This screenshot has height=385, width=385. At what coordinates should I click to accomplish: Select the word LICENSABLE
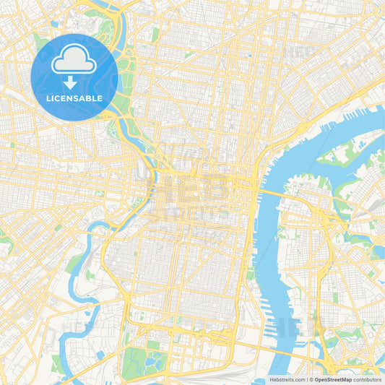point(74,98)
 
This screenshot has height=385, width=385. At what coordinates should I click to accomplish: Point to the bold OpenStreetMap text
point(332,379)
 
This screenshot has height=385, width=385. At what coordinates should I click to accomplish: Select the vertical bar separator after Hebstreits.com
point(306,379)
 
